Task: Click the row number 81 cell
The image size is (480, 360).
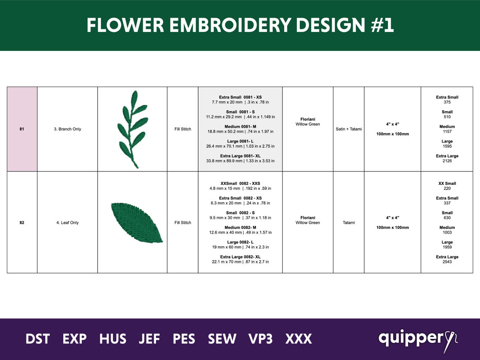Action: pos(22,129)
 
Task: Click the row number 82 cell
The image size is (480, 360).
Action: pos(22,222)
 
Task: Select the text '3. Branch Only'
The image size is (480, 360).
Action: pos(67,129)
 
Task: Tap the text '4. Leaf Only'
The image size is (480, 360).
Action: pos(67,222)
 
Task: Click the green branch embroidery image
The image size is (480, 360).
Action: pos(132,128)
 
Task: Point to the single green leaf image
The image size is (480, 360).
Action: pos(136,222)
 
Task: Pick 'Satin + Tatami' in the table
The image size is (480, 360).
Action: pos(349,129)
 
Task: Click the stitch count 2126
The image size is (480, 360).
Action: pos(447,161)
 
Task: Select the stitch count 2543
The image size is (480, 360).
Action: pos(447,262)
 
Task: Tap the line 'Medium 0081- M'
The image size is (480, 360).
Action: pos(240,126)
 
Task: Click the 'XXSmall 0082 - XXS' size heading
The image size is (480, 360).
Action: pos(240,184)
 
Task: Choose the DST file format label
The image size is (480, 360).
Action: pos(37,339)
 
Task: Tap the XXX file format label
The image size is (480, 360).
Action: pos(299,339)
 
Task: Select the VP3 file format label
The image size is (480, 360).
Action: pos(260,339)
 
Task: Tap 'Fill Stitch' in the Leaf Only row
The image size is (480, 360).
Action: pos(183,222)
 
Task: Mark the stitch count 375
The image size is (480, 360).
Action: pos(447,102)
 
